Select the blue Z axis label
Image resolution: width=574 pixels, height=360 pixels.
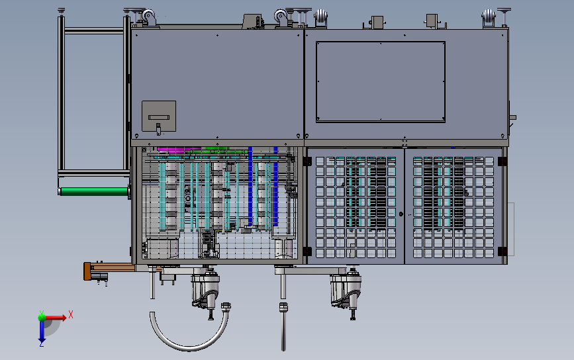click(41, 343)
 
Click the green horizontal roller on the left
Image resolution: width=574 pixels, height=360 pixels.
click(93, 192)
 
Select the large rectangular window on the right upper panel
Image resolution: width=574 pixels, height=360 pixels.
click(380, 81)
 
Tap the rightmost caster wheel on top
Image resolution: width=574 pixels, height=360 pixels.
click(489, 19)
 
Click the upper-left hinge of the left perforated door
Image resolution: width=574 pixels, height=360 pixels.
click(307, 160)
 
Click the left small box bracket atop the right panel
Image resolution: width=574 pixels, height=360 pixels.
click(377, 22)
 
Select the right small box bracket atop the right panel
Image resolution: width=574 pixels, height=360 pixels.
click(432, 22)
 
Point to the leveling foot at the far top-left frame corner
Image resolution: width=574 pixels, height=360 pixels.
click(62, 11)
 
